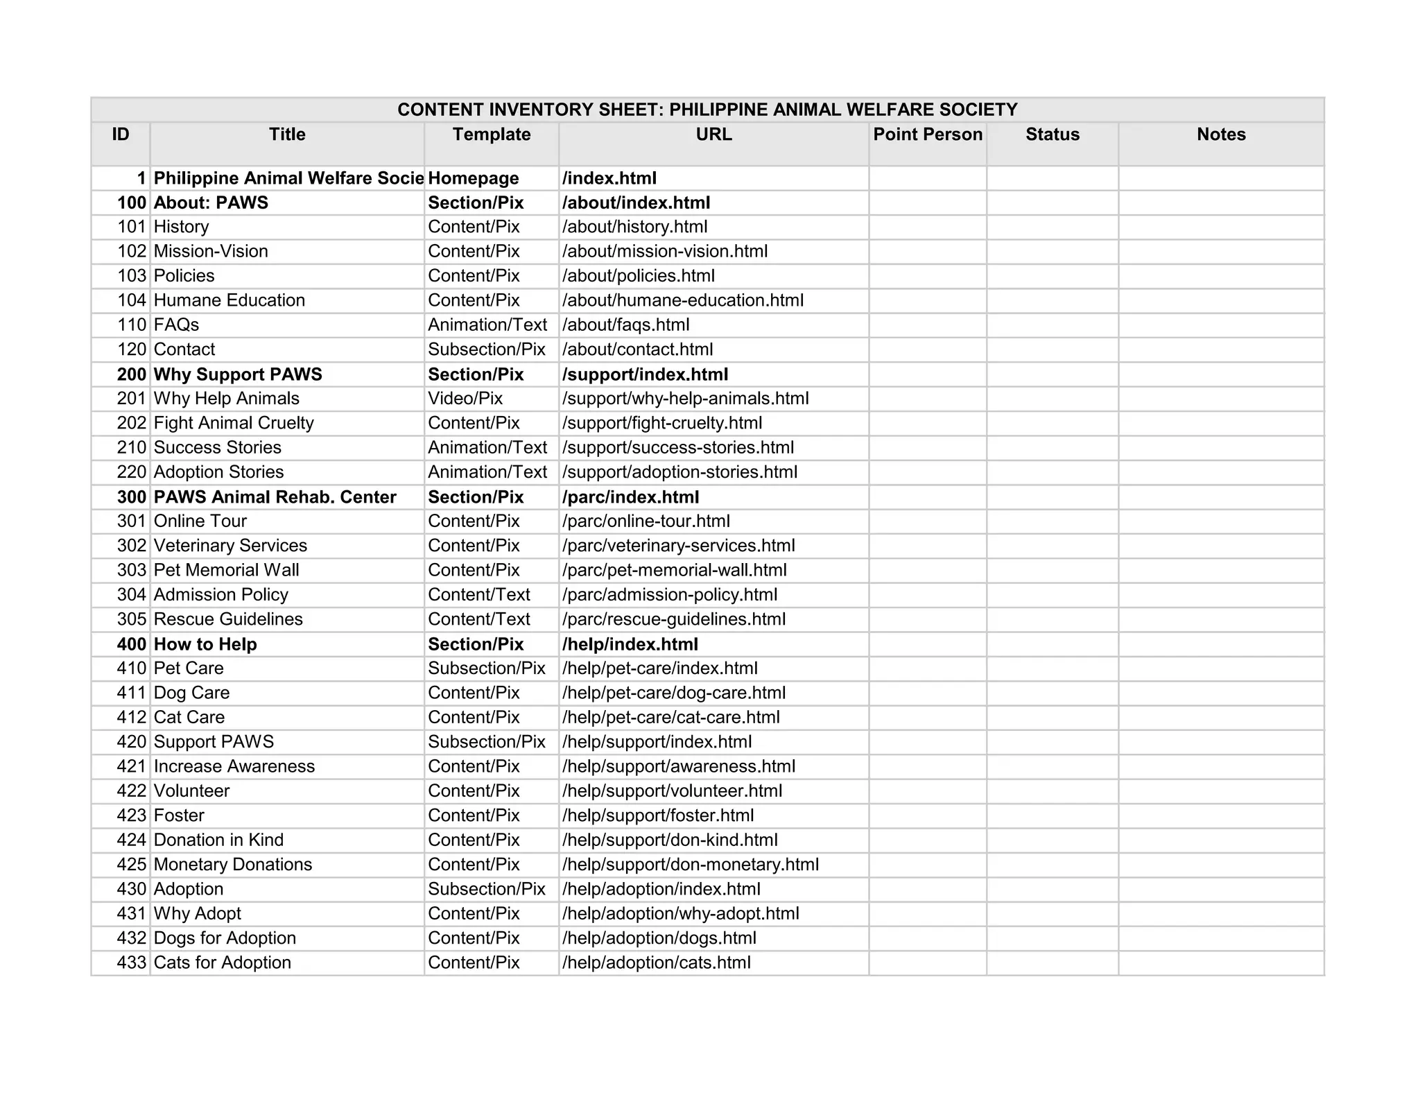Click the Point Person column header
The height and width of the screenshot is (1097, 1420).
[928, 135]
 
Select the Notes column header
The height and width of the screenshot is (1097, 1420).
[1220, 135]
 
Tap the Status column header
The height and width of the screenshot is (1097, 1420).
[1052, 135]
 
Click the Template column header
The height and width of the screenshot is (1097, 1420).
[492, 135]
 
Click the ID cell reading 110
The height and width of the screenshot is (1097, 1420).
[132, 325]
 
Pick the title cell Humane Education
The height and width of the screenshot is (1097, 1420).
[230, 300]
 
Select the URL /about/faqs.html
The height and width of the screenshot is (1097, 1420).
[626, 325]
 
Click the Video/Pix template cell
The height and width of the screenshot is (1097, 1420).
[465, 399]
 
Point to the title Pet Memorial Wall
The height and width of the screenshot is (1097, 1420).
[227, 570]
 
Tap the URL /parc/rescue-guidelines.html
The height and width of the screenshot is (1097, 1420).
[674, 619]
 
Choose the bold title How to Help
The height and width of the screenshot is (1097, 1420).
[205, 644]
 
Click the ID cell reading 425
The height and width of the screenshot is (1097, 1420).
[132, 865]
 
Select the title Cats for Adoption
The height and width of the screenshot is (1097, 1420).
[223, 962]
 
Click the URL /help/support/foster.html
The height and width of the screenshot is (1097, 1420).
[658, 815]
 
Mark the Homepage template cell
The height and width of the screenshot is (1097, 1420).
[474, 178]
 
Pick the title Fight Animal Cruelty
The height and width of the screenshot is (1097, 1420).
[234, 423]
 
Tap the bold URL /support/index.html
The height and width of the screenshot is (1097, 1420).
[646, 374]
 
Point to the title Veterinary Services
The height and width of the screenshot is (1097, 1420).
[230, 546]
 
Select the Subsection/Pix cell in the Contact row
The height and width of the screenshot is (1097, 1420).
[487, 349]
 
